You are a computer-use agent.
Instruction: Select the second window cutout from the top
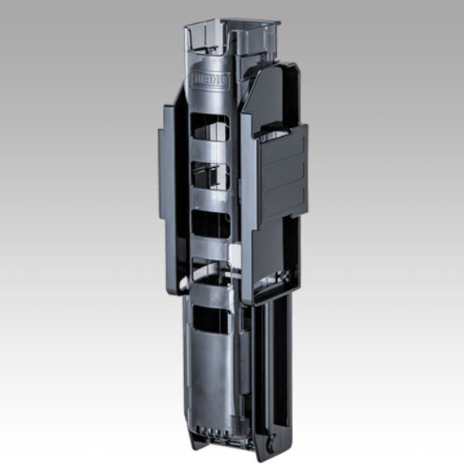(210, 176)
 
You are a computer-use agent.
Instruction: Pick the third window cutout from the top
(210, 224)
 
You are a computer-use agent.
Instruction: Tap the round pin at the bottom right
(271, 443)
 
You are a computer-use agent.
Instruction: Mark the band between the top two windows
(210, 152)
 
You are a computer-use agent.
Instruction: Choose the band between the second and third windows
(210, 200)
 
